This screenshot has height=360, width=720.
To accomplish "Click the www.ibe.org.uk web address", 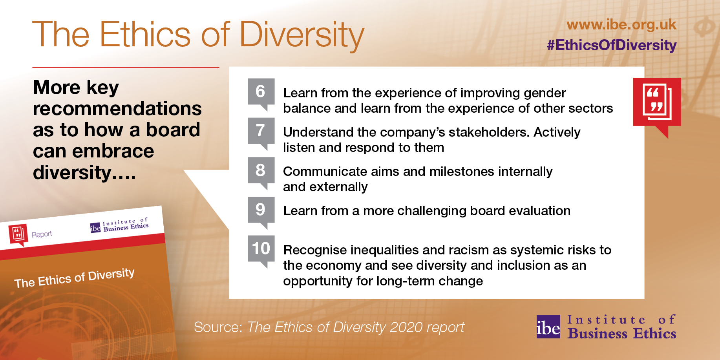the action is pyautogui.click(x=621, y=25).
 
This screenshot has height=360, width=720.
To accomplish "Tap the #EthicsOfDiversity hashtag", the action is pyautogui.click(x=612, y=45).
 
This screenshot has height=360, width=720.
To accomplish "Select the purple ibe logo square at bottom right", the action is pyautogui.click(x=548, y=327).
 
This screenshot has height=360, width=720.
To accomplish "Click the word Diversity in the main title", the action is pyautogui.click(x=302, y=35).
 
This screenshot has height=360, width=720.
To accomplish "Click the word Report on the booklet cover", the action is pyautogui.click(x=42, y=234).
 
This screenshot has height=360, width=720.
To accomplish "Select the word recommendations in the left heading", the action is pyautogui.click(x=117, y=108).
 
